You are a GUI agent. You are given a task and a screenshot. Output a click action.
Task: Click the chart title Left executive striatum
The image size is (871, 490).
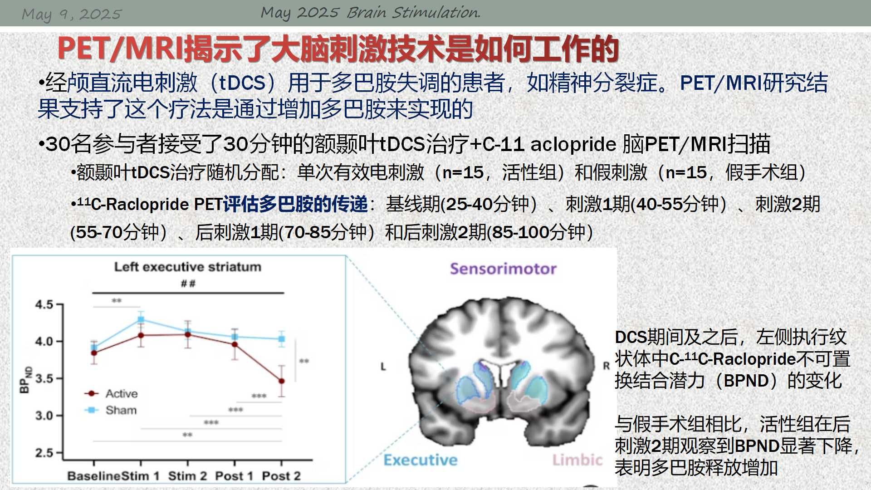187,267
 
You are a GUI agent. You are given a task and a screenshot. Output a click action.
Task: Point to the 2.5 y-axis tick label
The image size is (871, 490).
44,453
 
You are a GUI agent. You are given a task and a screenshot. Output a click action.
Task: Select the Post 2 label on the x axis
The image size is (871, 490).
281,476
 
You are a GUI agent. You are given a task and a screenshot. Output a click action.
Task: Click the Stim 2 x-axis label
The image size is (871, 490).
187,476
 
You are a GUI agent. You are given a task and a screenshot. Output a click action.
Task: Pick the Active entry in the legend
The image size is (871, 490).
111,393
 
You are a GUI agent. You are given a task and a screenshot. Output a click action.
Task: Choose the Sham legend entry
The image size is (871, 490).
110,410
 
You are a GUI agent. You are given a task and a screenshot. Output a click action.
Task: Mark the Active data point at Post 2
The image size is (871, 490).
282,381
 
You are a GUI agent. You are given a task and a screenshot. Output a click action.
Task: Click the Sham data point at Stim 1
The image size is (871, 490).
141,320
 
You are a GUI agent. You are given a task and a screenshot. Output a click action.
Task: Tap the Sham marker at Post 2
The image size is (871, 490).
282,339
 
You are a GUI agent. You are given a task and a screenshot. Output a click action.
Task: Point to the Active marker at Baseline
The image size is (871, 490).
94,353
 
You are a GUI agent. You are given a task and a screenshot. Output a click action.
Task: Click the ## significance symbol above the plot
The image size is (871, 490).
188,284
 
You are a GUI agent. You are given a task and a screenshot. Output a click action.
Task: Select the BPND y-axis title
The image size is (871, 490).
25,379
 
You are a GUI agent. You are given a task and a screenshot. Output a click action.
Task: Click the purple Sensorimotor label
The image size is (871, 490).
503,269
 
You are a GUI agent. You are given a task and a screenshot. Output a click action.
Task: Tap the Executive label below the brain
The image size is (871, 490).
421,460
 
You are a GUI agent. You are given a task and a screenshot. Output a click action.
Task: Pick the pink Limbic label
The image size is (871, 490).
577,460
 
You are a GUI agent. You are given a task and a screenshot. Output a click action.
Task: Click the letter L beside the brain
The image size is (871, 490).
383,367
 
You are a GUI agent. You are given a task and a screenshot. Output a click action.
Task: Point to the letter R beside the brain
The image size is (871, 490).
606,366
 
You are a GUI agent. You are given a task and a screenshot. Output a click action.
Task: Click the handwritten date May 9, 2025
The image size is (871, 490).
72,15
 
